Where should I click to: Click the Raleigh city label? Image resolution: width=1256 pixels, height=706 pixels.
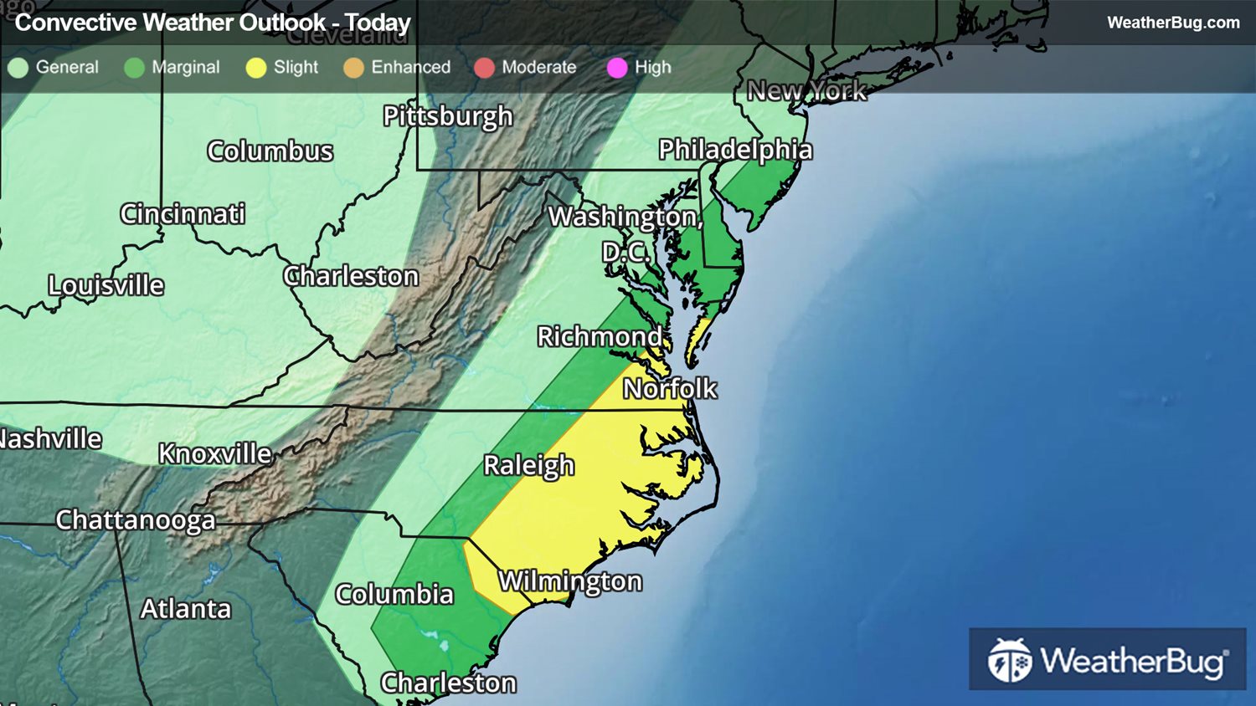[529, 465]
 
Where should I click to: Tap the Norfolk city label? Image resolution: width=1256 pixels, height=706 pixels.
[670, 388]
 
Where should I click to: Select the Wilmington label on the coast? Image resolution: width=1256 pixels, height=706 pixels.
[570, 581]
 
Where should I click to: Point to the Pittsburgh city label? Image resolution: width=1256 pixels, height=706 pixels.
[447, 115]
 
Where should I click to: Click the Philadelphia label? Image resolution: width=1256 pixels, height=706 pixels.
[735, 150]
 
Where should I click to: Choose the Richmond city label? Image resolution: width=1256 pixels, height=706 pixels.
[600, 336]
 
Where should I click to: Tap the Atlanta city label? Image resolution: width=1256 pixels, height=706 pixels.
[185, 608]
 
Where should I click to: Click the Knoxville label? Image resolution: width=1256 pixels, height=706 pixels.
[215, 453]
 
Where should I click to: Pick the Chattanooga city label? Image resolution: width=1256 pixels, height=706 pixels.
[136, 519]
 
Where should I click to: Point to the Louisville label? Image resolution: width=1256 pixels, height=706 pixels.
[106, 285]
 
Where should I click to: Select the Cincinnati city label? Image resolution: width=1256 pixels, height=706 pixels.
[183, 213]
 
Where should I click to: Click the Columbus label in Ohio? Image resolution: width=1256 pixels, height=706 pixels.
[270, 151]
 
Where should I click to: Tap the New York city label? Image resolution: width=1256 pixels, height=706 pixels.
[806, 90]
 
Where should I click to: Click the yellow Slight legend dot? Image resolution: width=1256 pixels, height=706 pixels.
[256, 68]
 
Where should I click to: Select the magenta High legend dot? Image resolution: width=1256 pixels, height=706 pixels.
[617, 68]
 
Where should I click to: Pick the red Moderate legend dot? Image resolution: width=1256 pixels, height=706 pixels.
[484, 68]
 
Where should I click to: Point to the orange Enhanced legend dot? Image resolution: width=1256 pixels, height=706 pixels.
[353, 68]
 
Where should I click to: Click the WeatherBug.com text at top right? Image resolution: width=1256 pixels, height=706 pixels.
[1173, 23]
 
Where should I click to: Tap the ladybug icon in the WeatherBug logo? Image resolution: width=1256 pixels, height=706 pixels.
[1010, 661]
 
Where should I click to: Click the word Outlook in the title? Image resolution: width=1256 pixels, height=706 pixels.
[281, 23]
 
